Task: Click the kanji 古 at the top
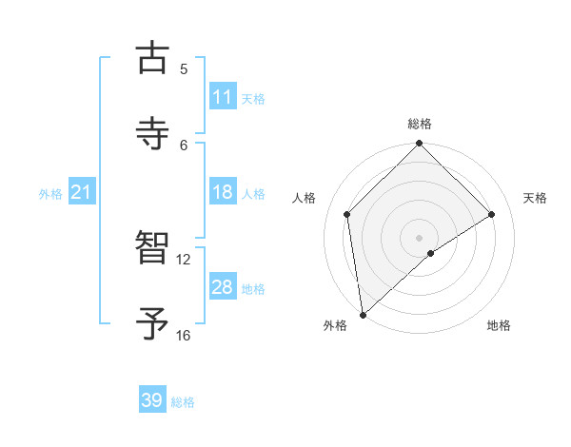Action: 152,58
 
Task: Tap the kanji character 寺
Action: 152,132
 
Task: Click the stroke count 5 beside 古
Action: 184,68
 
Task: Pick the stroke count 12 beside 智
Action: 184,259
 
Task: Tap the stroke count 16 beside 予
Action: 184,335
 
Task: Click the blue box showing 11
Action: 223,97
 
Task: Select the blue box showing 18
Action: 223,192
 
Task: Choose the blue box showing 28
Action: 223,287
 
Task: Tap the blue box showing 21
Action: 82,193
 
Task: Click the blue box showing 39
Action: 152,400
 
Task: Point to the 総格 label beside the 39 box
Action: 183,402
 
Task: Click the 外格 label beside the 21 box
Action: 50,194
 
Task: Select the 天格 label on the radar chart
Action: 535,198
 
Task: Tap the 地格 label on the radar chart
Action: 499,325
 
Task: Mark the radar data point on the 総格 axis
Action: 420,145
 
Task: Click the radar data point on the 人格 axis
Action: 347,214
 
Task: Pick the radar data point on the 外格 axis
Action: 363,315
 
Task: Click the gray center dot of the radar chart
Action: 420,237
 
